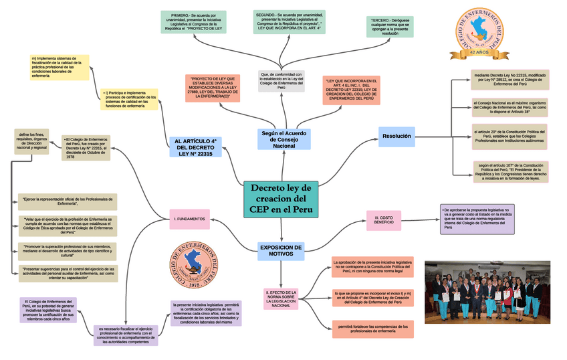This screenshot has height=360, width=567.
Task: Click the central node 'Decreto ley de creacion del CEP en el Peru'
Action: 280,199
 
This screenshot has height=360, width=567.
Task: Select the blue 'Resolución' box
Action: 396,137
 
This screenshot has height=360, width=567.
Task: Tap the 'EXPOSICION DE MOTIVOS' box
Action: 280,250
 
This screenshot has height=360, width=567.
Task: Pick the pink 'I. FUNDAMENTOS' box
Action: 191,219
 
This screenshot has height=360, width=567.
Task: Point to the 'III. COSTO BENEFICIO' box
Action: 384,219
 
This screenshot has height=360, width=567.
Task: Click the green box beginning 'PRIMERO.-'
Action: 193,22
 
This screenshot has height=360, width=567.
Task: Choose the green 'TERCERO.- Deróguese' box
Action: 389,27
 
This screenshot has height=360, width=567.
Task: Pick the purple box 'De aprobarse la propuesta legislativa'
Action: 477,219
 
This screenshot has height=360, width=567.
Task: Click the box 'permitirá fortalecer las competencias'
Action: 372,328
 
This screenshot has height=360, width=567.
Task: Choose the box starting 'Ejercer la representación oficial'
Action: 68,201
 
